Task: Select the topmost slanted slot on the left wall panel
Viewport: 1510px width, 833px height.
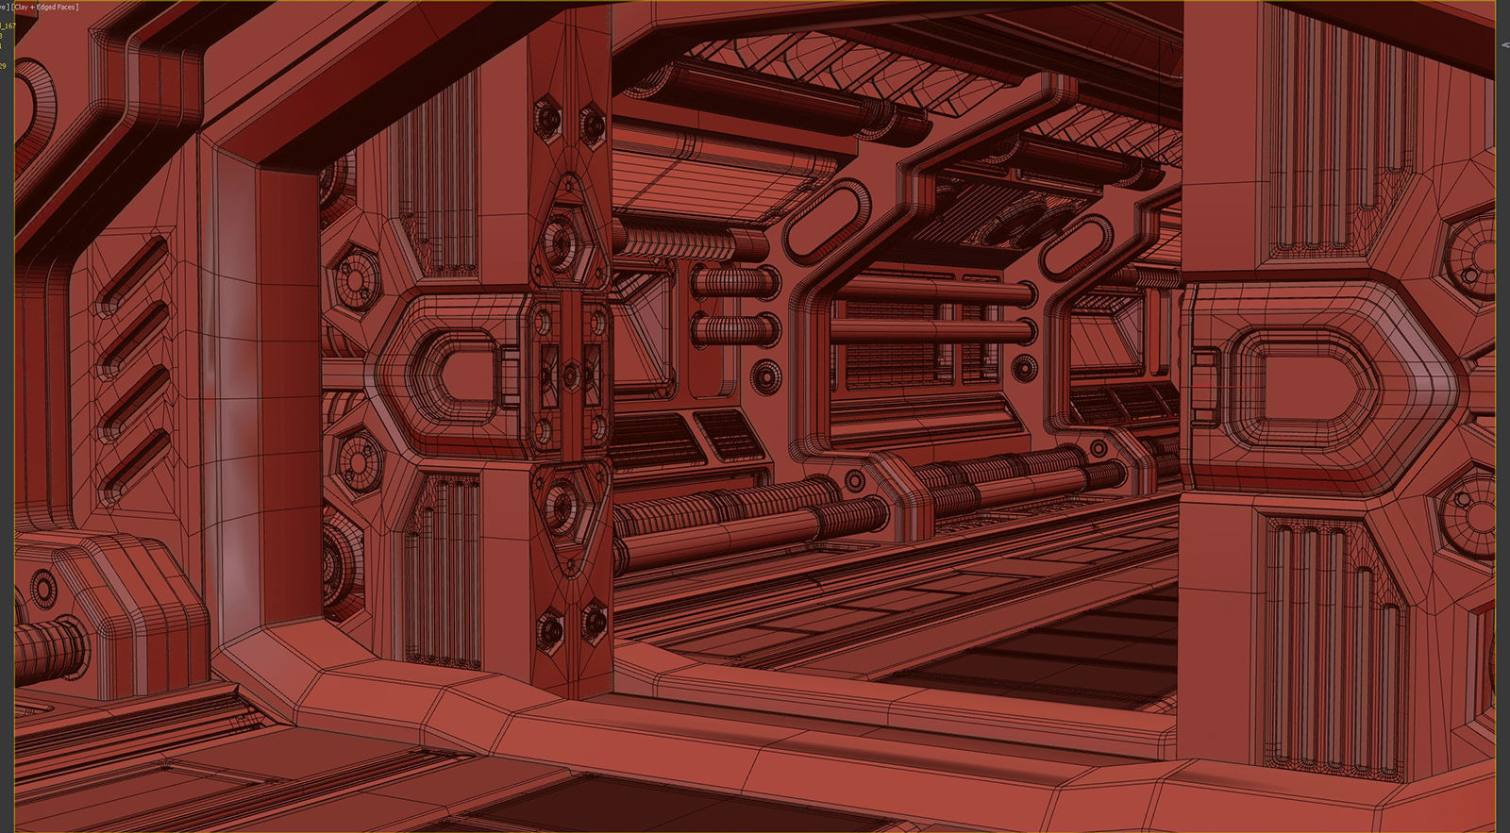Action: [134, 274]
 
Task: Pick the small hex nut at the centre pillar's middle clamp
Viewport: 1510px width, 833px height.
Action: [570, 375]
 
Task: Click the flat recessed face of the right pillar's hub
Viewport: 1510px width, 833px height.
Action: [1307, 387]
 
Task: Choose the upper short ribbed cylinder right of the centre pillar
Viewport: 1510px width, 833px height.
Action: [734, 281]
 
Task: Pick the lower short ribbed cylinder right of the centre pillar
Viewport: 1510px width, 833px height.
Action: [734, 330]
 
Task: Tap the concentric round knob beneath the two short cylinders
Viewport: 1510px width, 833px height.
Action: [765, 376]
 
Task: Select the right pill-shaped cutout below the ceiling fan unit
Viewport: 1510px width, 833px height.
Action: [1076, 246]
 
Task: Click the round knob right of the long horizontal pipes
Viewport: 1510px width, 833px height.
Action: [1024, 367]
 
